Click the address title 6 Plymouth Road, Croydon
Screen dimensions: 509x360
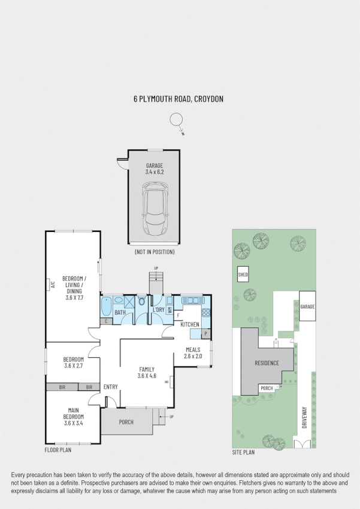pyautogui.click(x=179, y=100)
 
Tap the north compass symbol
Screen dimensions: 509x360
pyautogui.click(x=176, y=121)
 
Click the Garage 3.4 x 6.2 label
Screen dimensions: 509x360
pyautogui.click(x=154, y=168)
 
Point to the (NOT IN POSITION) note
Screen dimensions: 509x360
pyautogui.click(x=155, y=251)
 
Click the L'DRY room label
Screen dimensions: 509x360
pyautogui.click(x=158, y=310)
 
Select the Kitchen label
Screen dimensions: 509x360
pyautogui.click(x=190, y=324)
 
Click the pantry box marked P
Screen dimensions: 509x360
pyautogui.click(x=205, y=333)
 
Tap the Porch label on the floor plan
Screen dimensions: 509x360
pyautogui.click(x=126, y=422)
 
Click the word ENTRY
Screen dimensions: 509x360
pyautogui.click(x=110, y=387)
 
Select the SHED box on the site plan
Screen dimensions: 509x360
pyautogui.click(x=243, y=275)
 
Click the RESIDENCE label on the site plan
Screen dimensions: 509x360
pyautogui.click(x=267, y=363)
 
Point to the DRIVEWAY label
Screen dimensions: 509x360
pyautogui.click(x=304, y=419)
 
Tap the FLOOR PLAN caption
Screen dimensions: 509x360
pyautogui.click(x=59, y=449)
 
